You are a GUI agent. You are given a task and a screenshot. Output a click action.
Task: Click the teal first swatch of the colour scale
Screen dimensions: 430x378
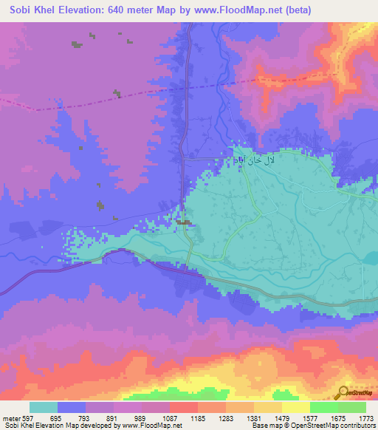click(44, 407)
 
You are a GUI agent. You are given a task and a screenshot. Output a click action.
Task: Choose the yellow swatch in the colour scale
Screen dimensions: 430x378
click(295, 407)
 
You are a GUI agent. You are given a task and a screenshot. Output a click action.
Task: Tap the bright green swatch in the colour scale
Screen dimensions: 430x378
click(323, 407)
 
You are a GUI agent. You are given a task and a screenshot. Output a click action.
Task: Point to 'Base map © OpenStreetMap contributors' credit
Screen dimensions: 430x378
click(312, 426)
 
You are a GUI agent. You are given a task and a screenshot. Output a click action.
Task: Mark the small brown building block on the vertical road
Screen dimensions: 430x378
click(184, 222)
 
